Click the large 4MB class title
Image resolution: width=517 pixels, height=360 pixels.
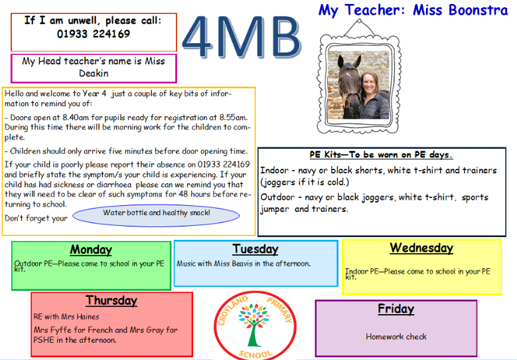point(242,37)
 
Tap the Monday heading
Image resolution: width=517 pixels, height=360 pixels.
point(91,250)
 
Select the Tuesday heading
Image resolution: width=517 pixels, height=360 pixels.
point(256,249)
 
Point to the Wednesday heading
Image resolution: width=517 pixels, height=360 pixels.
point(421,248)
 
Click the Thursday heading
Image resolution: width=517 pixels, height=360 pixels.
point(111,300)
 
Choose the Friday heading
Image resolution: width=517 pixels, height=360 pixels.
point(396,309)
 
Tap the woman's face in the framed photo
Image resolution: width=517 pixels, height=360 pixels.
point(370,84)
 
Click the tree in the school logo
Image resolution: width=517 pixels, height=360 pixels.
point(254,325)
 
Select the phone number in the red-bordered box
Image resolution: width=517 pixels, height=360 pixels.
point(94,34)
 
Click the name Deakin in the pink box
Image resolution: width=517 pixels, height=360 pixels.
point(94,73)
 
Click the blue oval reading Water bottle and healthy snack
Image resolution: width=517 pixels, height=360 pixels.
point(156,215)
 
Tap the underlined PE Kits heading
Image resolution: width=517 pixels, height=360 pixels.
point(381,155)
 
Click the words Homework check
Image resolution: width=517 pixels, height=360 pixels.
point(396,337)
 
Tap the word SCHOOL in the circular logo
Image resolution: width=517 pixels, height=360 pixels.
point(256,355)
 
